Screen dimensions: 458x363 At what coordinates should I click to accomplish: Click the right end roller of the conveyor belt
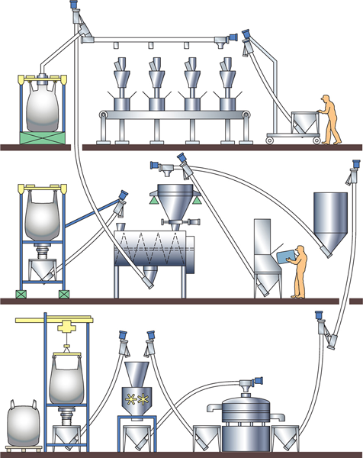pyautogui.click(x=246, y=115)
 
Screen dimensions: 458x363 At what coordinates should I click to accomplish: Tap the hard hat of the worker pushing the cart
pyautogui.click(x=326, y=97)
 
